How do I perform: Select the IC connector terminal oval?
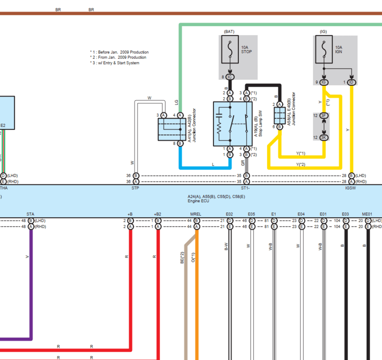[x=230, y=77]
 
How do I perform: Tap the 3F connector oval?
[x=324, y=116]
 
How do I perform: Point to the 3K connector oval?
[x=324, y=137]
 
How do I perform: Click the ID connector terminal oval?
[x=352, y=82]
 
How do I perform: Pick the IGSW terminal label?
[x=350, y=188]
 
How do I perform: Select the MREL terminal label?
[x=196, y=214]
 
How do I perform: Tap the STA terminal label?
[x=30, y=214]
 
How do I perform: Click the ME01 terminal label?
[x=367, y=214]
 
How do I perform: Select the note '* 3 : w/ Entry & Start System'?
[x=115, y=63]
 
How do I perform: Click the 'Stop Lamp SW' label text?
[x=260, y=123]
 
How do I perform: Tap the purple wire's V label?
[x=27, y=257]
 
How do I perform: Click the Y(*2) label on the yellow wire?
[x=301, y=164]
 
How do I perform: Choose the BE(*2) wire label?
[x=182, y=258]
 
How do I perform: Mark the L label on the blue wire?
[x=213, y=164]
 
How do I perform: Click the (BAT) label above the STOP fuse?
[x=229, y=32]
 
